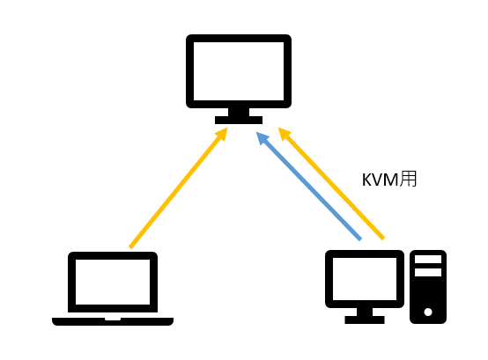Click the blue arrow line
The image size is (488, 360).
pos(308,186)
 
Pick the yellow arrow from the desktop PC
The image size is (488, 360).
pos(331,183)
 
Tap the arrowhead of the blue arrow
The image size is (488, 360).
pos(262,138)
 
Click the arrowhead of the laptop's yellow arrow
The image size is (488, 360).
pos(222,134)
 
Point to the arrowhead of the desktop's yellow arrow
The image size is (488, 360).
pos(285,134)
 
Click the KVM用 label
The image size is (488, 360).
pos(389,179)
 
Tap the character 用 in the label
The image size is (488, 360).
pos(408,179)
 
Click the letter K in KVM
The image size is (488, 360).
pos(366,180)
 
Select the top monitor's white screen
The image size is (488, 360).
pos(239,71)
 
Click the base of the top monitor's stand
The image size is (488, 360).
pos(239,120)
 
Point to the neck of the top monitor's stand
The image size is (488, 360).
pos(239,112)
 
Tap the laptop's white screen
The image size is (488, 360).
pos(113,282)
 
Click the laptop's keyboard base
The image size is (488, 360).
pos(113,321)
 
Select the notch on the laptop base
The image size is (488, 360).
pos(113,319)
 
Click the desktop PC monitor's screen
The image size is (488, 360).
pos(365,279)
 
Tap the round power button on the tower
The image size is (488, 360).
pos(428,312)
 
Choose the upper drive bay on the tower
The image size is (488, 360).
pos(428,260)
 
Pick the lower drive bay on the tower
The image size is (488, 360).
pos(428,272)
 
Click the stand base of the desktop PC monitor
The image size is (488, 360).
pos(365,320)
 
